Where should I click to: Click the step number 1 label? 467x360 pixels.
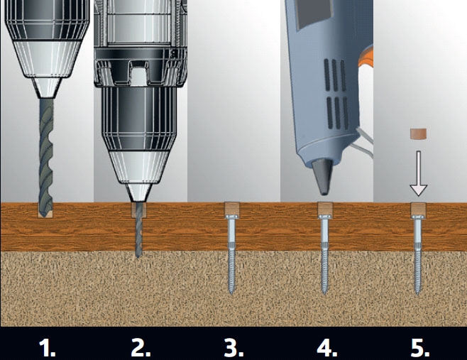coord(48,347)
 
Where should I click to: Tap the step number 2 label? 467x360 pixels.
coord(141,347)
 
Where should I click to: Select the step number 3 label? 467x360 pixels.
coord(233,347)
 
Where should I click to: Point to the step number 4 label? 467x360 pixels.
coord(327,347)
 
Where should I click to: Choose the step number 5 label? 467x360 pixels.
coord(420,347)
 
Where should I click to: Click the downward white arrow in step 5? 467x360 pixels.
coord(419,173)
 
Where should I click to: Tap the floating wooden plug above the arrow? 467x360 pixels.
coord(418,133)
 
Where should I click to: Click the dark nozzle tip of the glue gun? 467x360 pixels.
coord(322,177)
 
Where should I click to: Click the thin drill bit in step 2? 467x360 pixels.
coord(138,229)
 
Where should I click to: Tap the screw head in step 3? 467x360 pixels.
coord(231,217)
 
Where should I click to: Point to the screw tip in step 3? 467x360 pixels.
coord(231,291)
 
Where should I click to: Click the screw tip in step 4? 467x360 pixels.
coord(324,291)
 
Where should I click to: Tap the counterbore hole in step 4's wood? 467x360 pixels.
coord(325,209)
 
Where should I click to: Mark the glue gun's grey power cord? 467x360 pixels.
coord(364,143)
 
